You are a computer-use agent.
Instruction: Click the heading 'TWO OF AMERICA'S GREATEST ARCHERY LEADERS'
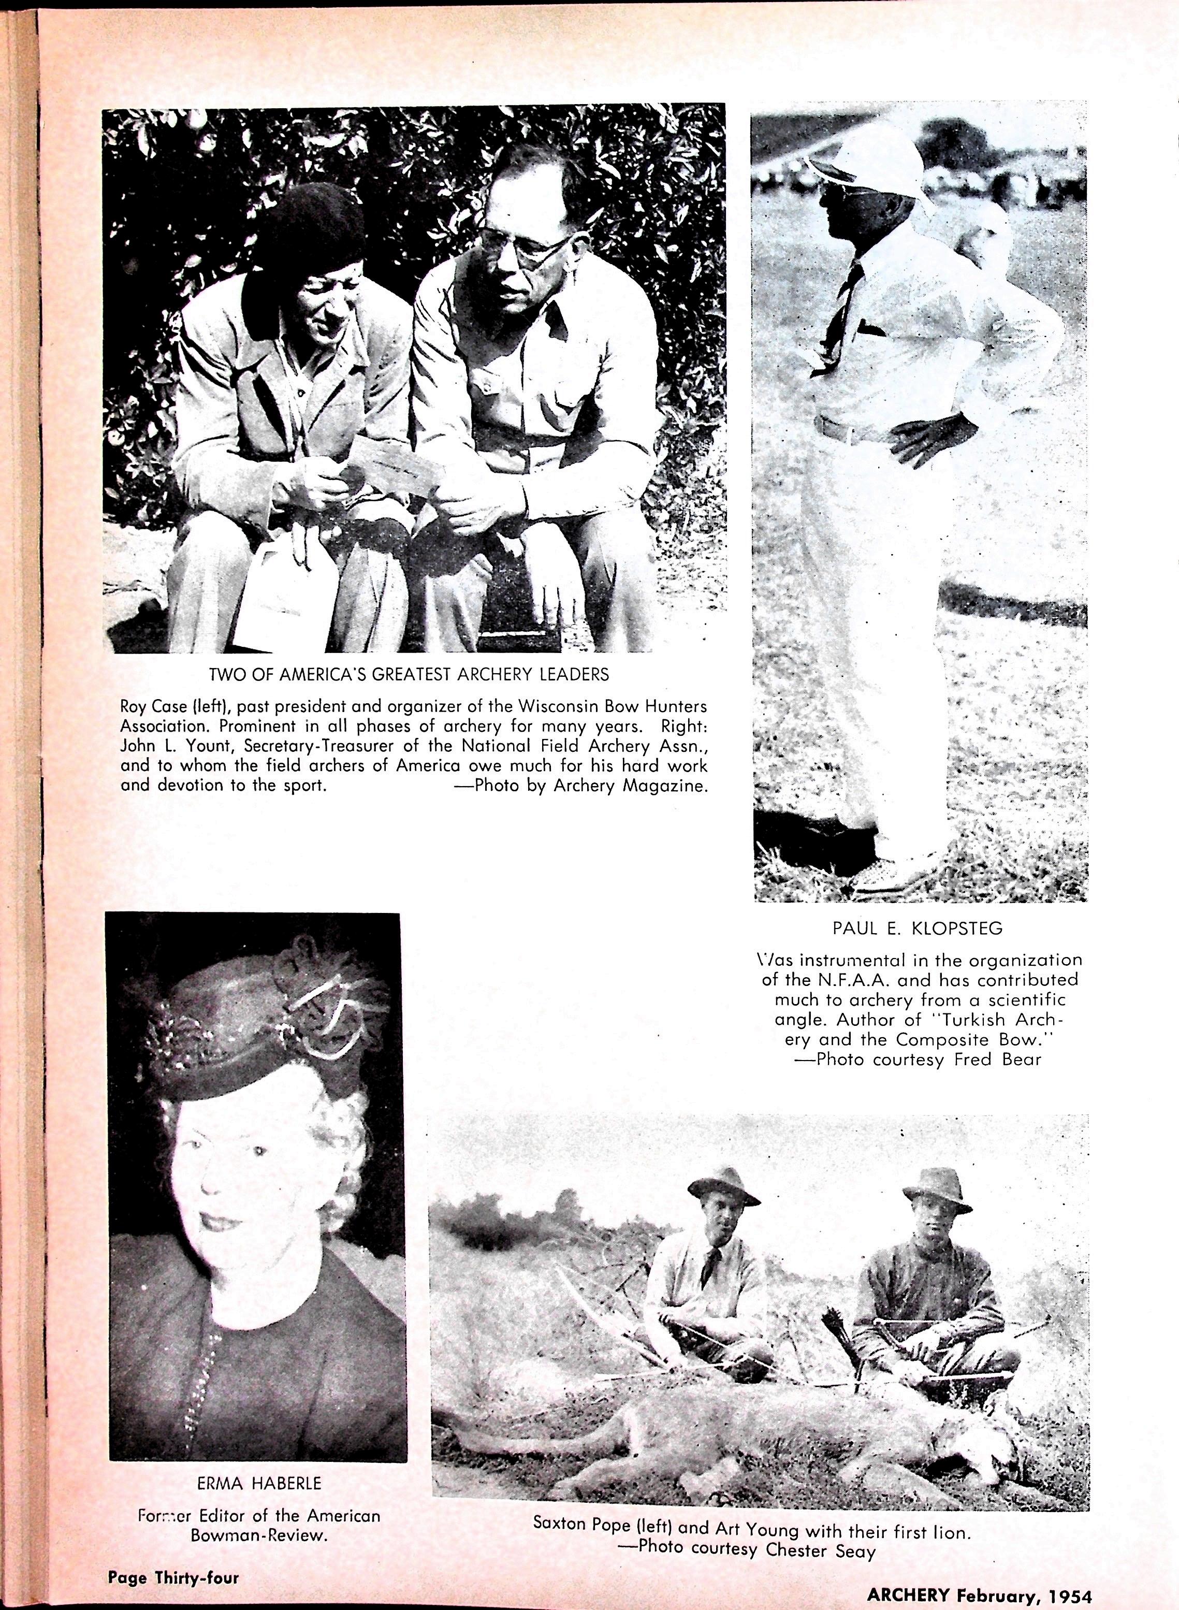(x=409, y=674)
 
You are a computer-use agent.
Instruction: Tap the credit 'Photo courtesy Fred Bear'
(x=928, y=1059)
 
